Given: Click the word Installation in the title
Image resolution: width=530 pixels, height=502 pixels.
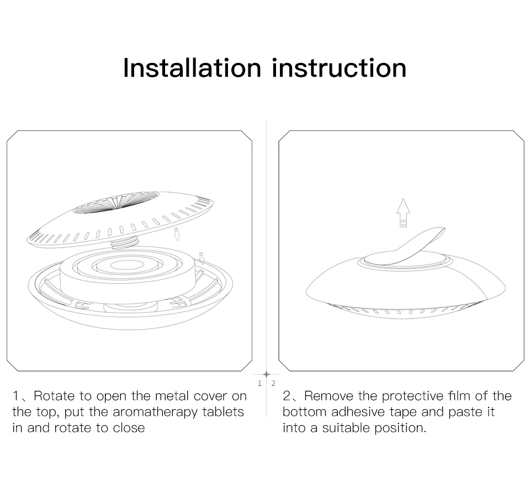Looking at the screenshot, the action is click(x=192, y=68).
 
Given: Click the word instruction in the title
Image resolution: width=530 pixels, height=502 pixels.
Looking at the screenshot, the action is click(x=339, y=68).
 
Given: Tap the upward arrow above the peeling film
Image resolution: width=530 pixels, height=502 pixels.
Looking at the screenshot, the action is click(x=403, y=213).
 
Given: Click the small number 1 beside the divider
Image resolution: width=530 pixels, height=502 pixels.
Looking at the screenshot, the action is click(x=259, y=383).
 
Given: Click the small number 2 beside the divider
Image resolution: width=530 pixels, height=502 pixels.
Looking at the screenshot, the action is click(x=273, y=383).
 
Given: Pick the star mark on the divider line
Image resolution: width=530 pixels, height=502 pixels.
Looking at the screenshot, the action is click(x=266, y=374).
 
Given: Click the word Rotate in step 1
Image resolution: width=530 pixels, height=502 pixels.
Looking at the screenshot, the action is click(x=54, y=396).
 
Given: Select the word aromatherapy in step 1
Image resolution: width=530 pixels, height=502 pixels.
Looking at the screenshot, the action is click(x=155, y=413).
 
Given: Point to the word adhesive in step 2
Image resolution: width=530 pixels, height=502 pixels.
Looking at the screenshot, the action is click(x=357, y=412).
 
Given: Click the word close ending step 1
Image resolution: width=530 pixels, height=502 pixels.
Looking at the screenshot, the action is click(x=129, y=428).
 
